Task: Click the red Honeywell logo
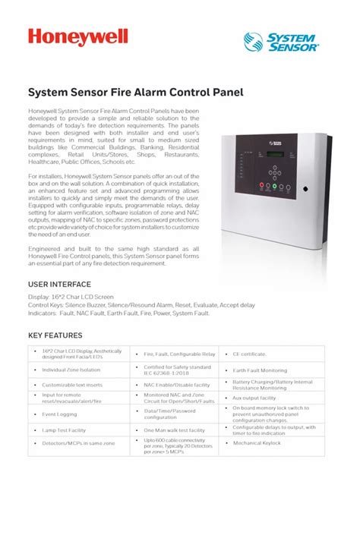click(78, 37)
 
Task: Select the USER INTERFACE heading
click(60, 285)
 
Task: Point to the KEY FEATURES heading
click(55, 335)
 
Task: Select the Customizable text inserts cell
click(74, 385)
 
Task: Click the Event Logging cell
click(59, 414)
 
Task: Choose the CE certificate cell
click(250, 354)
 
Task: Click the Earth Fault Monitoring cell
click(261, 370)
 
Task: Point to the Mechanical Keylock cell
click(257, 443)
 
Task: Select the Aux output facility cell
click(254, 398)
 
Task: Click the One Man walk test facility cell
click(175, 430)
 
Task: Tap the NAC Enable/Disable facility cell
click(177, 385)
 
